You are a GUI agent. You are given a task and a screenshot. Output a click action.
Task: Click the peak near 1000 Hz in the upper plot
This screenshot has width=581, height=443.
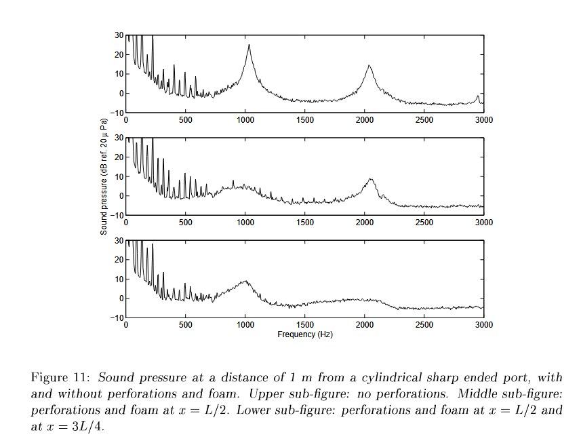pos(249,45)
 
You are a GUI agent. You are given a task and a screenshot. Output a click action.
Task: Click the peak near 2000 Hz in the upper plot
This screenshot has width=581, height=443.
pos(369,66)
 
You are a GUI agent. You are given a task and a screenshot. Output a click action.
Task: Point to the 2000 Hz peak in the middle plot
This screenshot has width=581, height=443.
pos(370,179)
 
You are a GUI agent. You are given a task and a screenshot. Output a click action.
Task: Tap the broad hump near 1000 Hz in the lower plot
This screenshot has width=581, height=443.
pos(245,282)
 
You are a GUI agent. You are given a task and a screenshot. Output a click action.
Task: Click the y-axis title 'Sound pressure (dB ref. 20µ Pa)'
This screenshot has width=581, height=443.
pos(104,177)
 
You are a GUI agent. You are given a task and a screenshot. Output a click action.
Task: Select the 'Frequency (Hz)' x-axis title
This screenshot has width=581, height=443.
pos(305,334)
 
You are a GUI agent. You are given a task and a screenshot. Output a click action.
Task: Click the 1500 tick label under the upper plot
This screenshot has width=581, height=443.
pos(305,120)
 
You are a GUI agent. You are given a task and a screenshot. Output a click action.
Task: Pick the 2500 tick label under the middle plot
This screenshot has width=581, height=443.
pos(424,223)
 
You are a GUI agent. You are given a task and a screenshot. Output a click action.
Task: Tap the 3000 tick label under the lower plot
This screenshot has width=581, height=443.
pos(483,325)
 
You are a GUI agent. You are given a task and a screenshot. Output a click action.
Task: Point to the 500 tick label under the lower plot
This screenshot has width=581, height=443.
pos(186,325)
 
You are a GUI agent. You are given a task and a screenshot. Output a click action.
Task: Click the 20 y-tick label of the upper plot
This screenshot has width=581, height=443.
pos(119,54)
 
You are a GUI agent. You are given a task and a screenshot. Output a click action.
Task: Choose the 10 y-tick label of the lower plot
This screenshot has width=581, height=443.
pos(119,279)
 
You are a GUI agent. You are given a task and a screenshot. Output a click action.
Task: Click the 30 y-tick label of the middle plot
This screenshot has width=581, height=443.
pos(119,138)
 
